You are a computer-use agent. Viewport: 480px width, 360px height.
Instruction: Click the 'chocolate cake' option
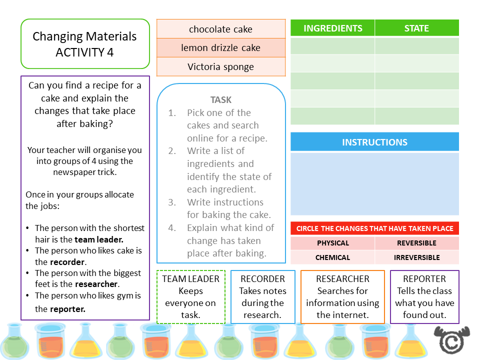click(220, 29)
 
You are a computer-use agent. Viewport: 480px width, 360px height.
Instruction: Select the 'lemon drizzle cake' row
click(220, 48)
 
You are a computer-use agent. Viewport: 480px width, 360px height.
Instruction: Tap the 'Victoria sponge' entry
click(220, 67)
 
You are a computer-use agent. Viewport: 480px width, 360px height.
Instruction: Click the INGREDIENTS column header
click(332, 28)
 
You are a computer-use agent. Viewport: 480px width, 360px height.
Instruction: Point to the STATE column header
click(416, 28)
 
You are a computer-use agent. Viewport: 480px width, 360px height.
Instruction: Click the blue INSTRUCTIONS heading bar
click(374, 142)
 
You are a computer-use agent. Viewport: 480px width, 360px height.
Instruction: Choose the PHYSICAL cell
click(333, 243)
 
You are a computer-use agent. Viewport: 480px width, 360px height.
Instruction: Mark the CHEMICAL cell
click(333, 257)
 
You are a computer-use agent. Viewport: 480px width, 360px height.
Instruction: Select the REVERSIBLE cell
click(416, 243)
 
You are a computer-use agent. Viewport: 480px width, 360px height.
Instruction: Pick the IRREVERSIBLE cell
click(416, 257)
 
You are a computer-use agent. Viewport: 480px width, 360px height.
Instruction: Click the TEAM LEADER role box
click(191, 297)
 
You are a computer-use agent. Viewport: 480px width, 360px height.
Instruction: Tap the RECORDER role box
click(263, 297)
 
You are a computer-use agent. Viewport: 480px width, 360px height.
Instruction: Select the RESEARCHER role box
click(342, 297)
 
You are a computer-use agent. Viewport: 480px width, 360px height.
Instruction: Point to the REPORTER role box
click(424, 297)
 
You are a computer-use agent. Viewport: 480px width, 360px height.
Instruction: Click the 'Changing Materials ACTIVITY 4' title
click(85, 44)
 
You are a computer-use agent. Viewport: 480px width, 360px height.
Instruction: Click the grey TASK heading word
click(221, 100)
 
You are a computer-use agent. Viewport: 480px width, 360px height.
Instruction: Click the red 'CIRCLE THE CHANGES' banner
click(374, 228)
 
